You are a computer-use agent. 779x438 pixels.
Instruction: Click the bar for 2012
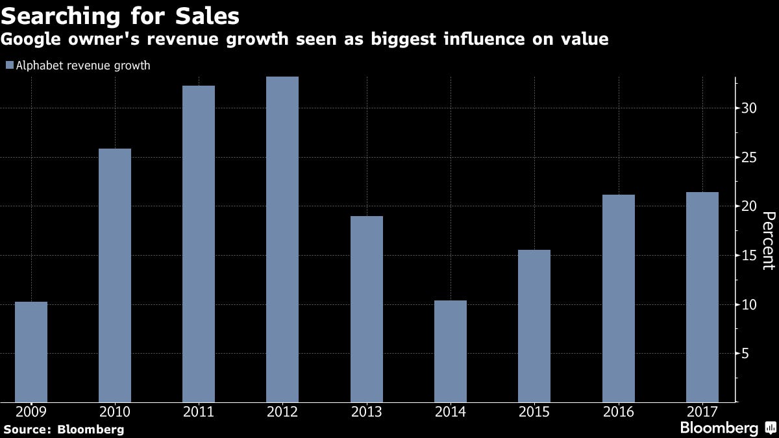pos(282,239)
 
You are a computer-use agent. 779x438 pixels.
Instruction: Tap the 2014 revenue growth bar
pos(450,351)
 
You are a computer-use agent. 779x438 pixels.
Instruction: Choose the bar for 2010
pos(115,275)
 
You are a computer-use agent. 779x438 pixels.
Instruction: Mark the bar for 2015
pos(534,326)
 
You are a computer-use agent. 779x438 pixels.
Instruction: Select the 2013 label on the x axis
pos(366,412)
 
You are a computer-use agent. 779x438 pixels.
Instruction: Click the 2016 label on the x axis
pos(618,412)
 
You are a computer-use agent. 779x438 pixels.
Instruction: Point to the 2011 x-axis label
pos(199,412)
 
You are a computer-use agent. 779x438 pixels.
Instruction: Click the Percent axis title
pos(768,240)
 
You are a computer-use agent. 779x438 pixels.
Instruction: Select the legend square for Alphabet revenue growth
pos(9,66)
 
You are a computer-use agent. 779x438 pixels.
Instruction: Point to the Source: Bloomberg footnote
pos(64,429)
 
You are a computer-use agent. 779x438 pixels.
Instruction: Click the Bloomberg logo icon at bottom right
pos(771,428)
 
